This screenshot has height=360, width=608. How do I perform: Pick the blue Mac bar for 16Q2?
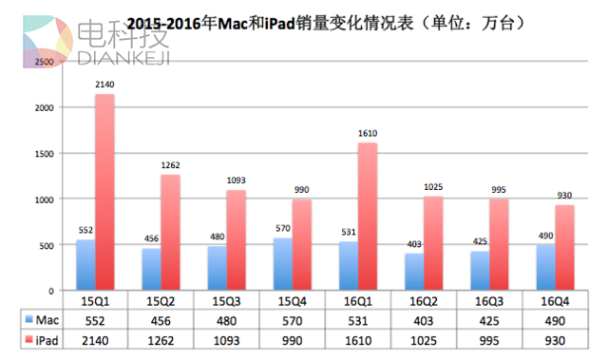tap(387, 271)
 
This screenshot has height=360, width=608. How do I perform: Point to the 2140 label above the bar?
tap(105, 85)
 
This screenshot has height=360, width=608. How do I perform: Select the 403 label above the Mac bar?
tap(387, 244)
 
